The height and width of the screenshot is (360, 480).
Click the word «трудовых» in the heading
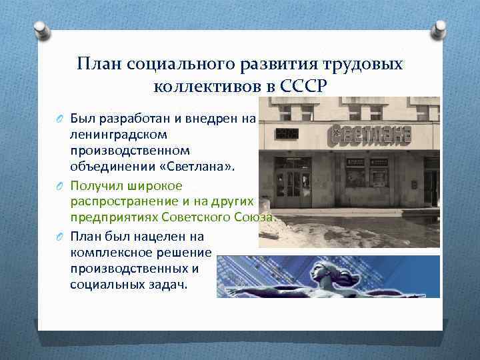(x=365, y=64)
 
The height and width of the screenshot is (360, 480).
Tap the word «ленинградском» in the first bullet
(x=114, y=135)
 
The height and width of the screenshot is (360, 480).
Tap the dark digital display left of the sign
(x=287, y=135)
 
